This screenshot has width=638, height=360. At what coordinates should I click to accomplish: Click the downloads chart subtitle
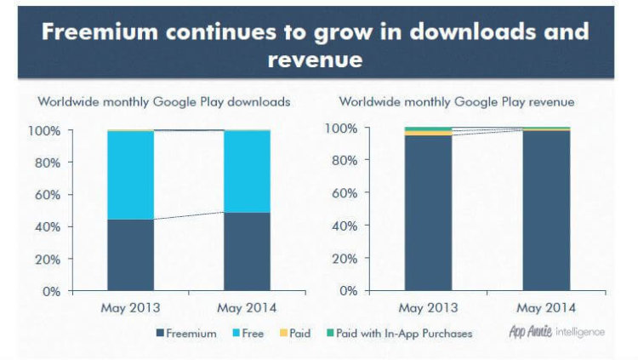point(164,101)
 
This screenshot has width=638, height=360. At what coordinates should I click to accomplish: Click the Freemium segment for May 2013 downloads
point(130,254)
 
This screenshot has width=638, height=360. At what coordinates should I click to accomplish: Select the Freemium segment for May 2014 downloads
point(247,251)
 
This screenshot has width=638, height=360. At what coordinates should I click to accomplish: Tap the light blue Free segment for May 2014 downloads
point(247,171)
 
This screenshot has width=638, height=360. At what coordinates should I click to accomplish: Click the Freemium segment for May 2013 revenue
point(428,213)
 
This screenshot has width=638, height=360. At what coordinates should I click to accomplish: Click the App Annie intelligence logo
point(556,332)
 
